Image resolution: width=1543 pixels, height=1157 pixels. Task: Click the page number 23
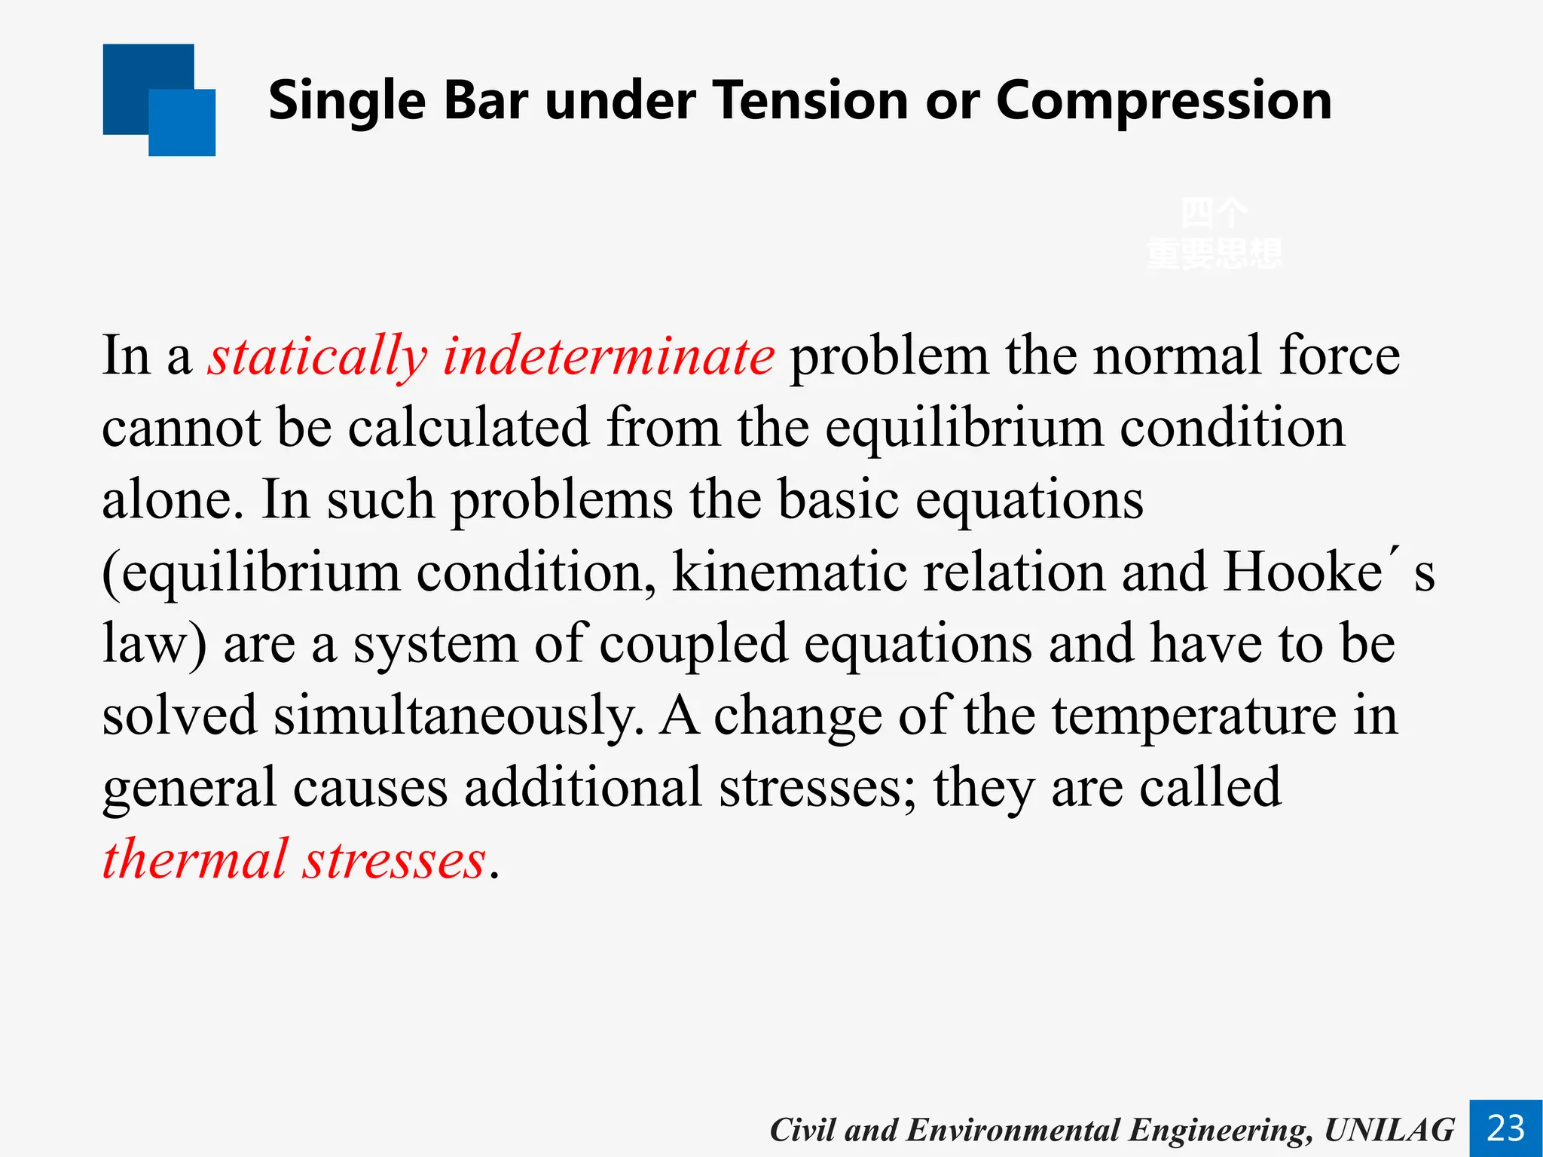(x=1505, y=1128)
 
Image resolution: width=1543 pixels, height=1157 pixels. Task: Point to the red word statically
(x=317, y=357)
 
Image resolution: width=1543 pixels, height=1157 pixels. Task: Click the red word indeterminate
(x=608, y=356)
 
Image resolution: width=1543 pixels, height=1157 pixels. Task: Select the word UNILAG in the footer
(x=1389, y=1130)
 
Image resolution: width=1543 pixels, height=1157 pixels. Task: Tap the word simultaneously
(x=458, y=716)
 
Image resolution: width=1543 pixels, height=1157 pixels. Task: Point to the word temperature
(x=1193, y=716)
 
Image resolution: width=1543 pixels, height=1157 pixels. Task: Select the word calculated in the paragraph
(x=468, y=428)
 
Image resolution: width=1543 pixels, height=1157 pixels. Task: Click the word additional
(x=582, y=788)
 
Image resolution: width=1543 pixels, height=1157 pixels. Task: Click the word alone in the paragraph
(x=172, y=500)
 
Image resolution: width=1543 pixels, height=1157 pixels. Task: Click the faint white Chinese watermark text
(x=1213, y=234)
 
